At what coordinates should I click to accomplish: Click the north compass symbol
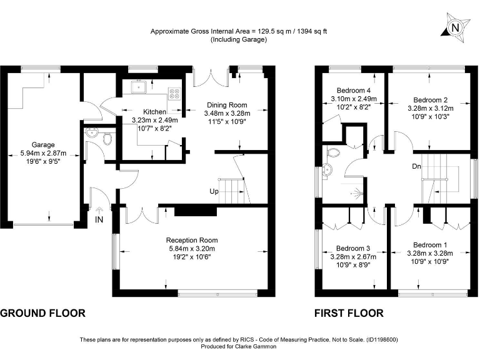click(x=455, y=27)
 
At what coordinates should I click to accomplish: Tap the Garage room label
click(x=43, y=144)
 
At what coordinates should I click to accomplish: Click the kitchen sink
click(x=138, y=87)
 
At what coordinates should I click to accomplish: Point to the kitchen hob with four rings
click(x=174, y=94)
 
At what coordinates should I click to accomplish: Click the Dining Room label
click(x=226, y=105)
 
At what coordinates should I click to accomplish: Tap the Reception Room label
click(x=191, y=240)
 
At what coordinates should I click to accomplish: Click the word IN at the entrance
click(x=99, y=219)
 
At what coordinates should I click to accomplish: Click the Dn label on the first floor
click(x=416, y=166)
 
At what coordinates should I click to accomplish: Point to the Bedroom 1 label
click(x=429, y=244)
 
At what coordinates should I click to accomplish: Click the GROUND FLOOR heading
click(x=42, y=313)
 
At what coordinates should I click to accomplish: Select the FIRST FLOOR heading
click(x=349, y=313)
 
